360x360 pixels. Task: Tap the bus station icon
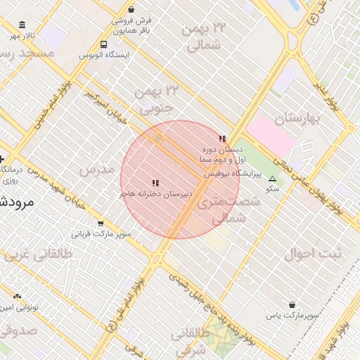(x=104, y=45)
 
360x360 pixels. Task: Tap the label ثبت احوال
(x=311, y=254)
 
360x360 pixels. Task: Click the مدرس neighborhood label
(x=96, y=170)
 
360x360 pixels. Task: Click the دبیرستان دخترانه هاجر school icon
(x=155, y=183)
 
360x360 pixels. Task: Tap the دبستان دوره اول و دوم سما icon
(x=223, y=139)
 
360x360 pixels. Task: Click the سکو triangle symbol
(x=272, y=179)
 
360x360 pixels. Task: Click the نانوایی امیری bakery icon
(x=17, y=297)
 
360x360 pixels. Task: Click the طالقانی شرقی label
(x=197, y=341)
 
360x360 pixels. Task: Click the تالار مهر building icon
(x=21, y=25)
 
